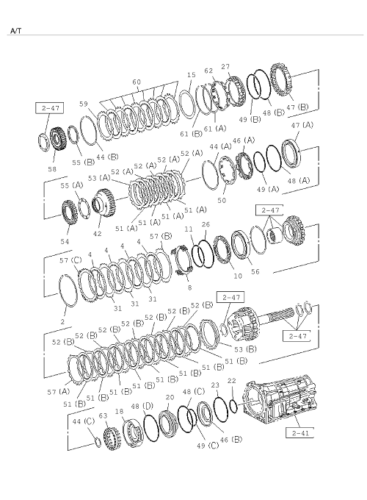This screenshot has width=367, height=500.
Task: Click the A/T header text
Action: (x=15, y=31)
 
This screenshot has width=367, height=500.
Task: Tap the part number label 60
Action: (x=137, y=82)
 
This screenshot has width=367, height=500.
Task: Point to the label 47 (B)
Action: (x=297, y=107)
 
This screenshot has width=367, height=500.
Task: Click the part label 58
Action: (x=52, y=169)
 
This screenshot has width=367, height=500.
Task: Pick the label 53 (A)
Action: (x=99, y=178)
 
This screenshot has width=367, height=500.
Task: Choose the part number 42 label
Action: (x=97, y=234)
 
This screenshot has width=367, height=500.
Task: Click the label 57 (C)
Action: (x=70, y=260)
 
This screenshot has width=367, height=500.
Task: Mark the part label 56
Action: (x=255, y=271)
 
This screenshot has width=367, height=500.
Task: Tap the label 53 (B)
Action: (x=245, y=349)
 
